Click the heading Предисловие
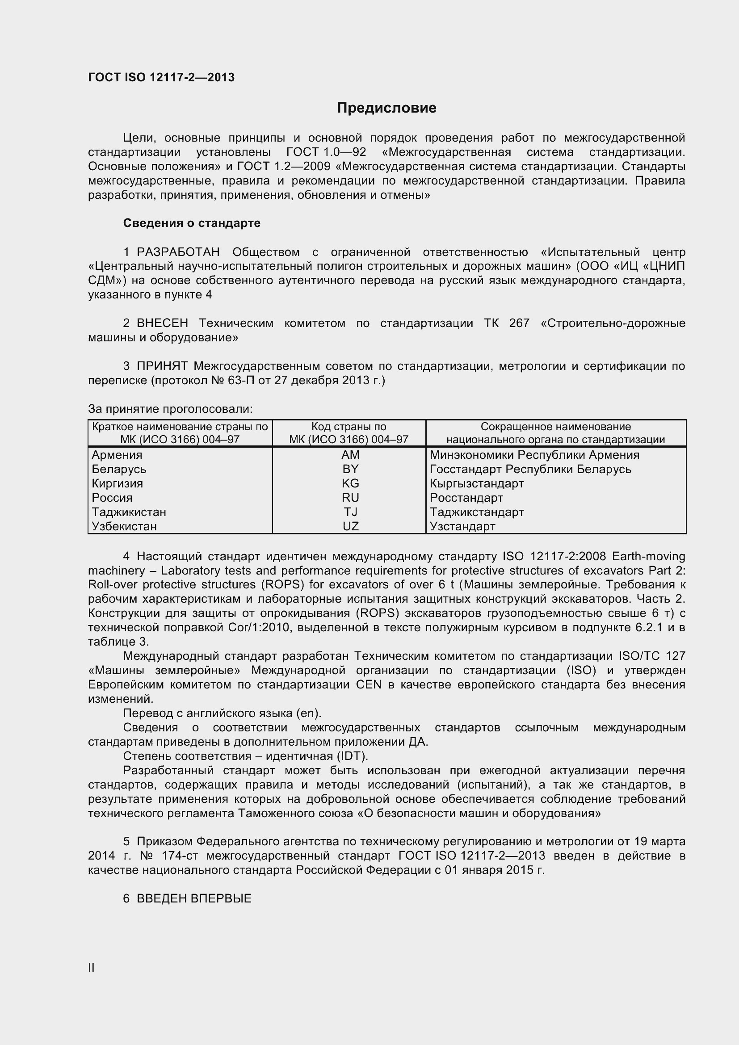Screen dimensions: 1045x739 [386, 108]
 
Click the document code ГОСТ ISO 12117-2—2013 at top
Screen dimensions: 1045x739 [161, 77]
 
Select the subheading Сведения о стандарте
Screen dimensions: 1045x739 [192, 223]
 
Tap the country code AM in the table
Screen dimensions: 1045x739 [350, 455]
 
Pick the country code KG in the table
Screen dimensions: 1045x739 [350, 483]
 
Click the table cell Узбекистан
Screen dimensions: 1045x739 [124, 526]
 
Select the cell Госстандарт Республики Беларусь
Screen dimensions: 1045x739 [530, 469]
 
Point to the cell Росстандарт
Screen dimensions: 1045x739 [466, 497]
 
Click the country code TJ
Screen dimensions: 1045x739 [350, 512]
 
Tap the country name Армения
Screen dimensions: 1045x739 [117, 455]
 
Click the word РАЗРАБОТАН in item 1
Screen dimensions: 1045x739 [178, 252]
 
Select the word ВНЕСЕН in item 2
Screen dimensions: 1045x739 [162, 323]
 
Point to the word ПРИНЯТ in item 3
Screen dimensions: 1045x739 [162, 366]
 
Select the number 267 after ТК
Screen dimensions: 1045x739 [519, 323]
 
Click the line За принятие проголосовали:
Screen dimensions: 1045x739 [170, 409]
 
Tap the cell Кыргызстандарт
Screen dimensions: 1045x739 [477, 483]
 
